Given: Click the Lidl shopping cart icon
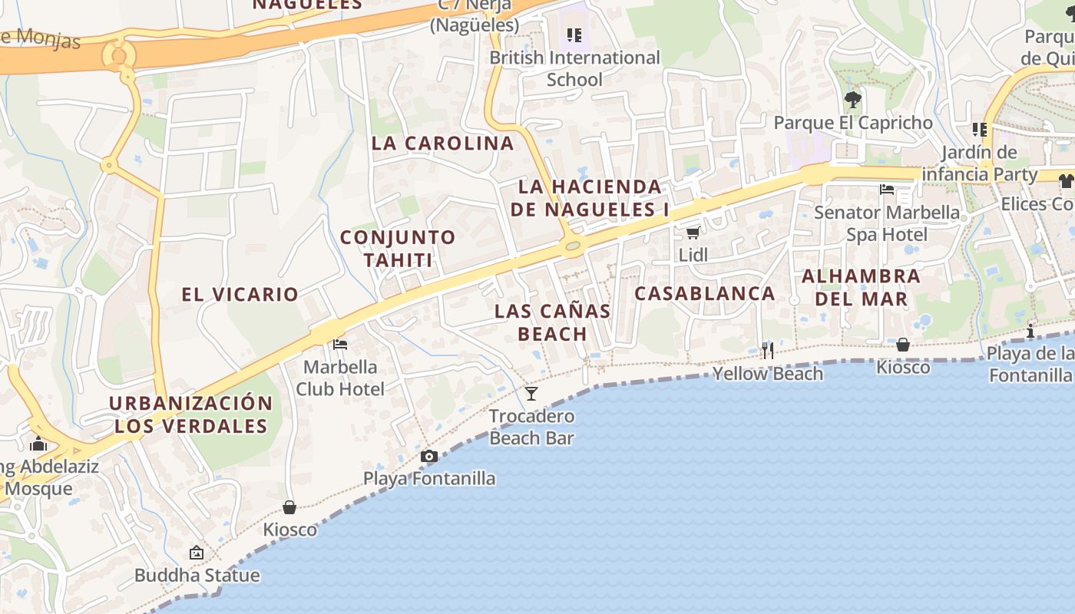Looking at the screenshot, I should (x=693, y=233).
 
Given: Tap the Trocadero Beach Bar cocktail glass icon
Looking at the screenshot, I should (x=531, y=394).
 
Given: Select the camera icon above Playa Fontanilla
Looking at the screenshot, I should (x=429, y=457).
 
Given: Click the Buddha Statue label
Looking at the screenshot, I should (x=197, y=575).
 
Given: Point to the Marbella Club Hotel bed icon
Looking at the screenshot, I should (x=340, y=345).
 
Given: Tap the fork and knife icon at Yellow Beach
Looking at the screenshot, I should (x=767, y=351).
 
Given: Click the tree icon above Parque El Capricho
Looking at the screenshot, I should (x=852, y=99).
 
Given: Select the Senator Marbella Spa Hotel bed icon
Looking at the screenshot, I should (x=887, y=189).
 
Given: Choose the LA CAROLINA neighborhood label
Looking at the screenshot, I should (x=442, y=143).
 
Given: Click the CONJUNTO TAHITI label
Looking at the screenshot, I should (x=398, y=248).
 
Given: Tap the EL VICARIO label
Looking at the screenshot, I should (x=240, y=293).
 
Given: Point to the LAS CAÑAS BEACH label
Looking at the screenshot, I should (x=552, y=322).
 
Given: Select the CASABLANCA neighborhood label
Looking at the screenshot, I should (x=705, y=293).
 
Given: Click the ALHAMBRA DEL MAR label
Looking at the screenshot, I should (x=861, y=286).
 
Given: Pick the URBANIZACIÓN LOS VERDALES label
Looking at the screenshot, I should (x=190, y=414).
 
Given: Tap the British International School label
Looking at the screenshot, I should (x=574, y=68).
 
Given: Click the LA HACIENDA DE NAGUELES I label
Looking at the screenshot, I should (x=590, y=197).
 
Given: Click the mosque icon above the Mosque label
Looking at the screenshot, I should (x=38, y=444).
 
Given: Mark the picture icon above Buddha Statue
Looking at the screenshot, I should (x=197, y=552).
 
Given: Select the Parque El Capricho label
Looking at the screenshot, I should (x=853, y=123).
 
